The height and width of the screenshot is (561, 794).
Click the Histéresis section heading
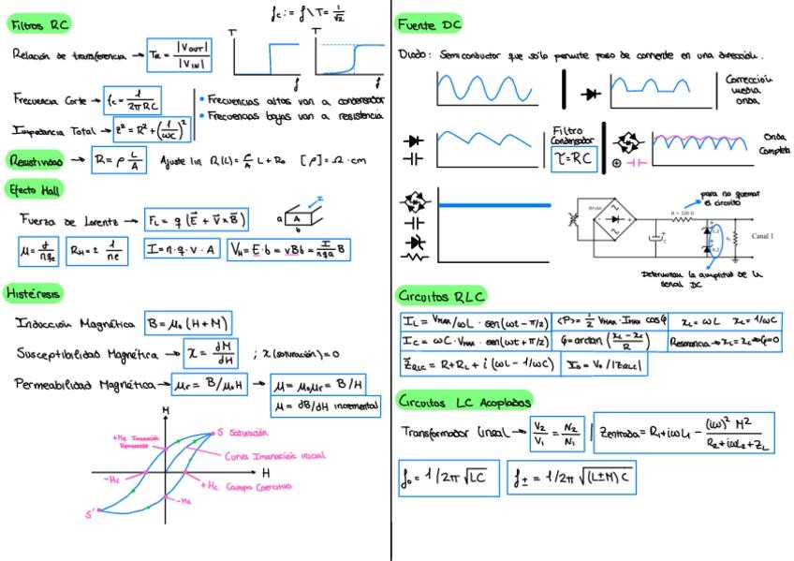(34, 293)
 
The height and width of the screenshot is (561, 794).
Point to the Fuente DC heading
(428, 24)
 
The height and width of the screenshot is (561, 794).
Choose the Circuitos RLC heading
(440, 296)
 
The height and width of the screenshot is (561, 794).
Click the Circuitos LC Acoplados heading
(463, 401)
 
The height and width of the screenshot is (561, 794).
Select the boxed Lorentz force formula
(197, 221)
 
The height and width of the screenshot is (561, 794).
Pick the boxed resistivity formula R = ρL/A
(118, 160)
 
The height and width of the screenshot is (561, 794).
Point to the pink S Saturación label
(243, 433)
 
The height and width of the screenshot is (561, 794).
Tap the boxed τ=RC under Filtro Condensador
(571, 159)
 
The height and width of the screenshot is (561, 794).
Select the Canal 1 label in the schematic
(763, 237)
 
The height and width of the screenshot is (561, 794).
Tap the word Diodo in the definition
(412, 55)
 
